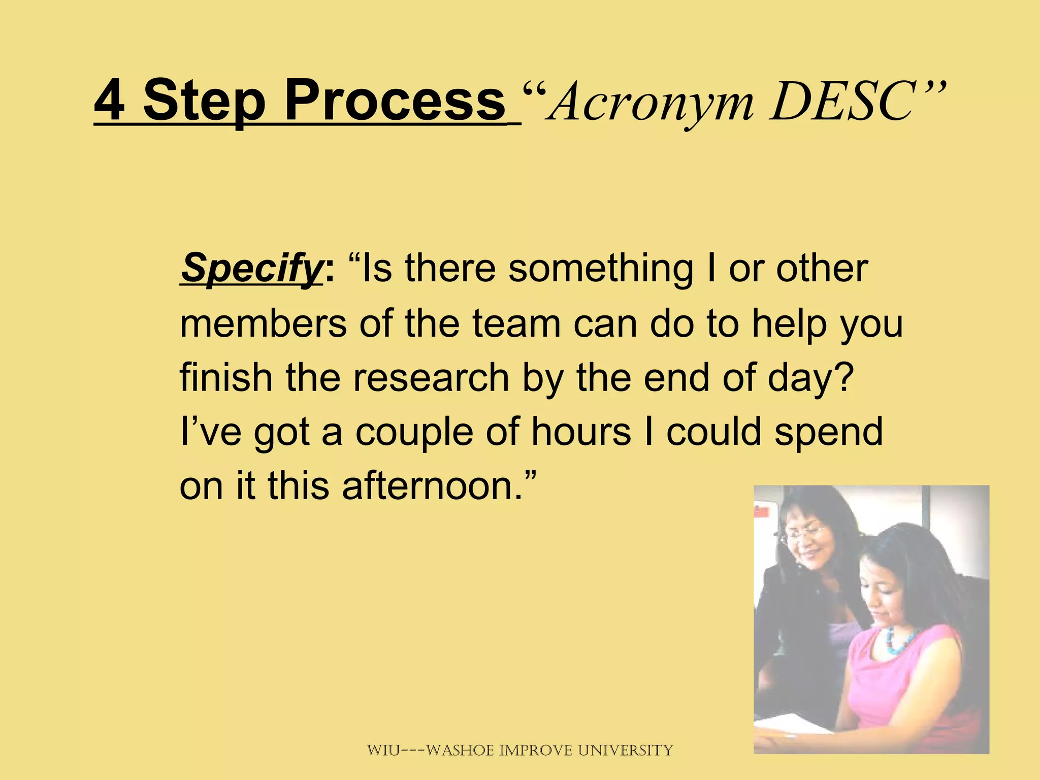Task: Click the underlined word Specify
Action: (x=251, y=269)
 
